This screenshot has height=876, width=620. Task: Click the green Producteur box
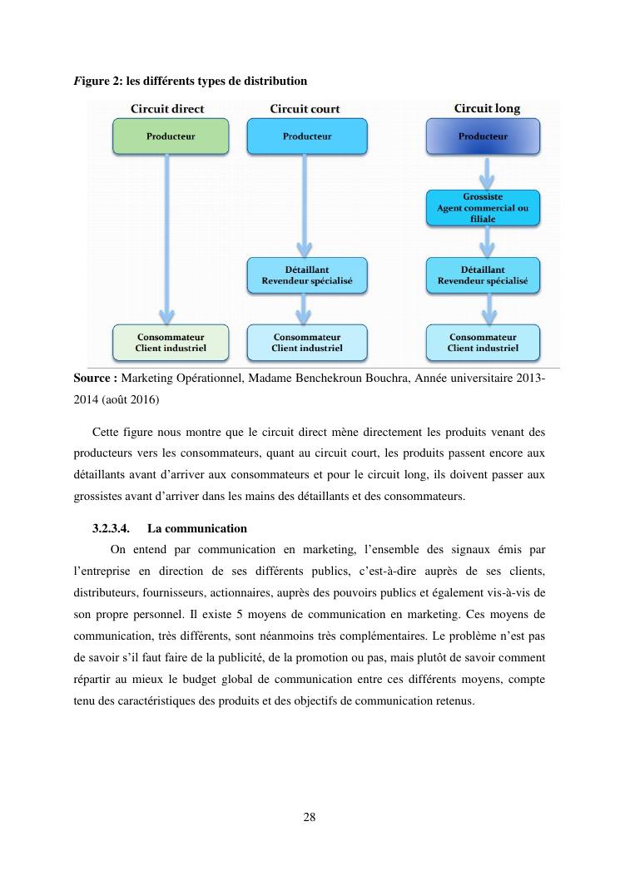click(170, 136)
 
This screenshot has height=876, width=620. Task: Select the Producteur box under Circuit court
click(306, 136)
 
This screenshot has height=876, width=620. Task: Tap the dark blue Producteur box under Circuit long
click(483, 136)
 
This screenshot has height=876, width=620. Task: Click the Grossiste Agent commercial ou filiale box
click(483, 208)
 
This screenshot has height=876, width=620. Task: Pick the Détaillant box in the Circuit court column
click(306, 275)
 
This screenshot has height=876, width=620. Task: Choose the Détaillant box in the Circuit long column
click(483, 275)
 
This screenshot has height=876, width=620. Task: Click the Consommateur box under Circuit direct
click(170, 343)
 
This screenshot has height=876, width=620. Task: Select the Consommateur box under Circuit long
click(483, 343)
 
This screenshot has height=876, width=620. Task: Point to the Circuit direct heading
click(167, 109)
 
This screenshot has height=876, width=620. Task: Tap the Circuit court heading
click(305, 109)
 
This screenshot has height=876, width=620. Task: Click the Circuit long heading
click(486, 109)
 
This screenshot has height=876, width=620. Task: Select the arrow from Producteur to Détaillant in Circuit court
click(305, 204)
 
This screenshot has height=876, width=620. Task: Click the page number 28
click(310, 817)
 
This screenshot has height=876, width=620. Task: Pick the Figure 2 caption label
click(92, 81)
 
